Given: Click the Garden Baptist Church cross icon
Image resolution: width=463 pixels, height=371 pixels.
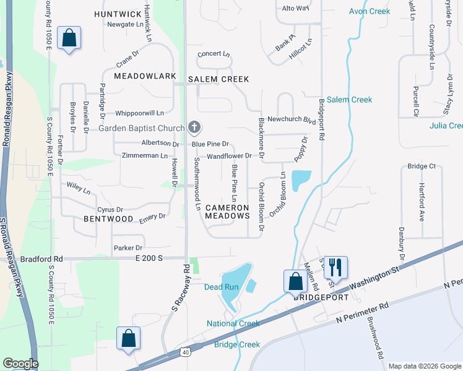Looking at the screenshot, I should pos(194,128).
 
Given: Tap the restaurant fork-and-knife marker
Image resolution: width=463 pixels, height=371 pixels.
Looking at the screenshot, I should pos(335,267).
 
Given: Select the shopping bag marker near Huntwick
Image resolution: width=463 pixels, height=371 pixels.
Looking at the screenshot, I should pos(69,38).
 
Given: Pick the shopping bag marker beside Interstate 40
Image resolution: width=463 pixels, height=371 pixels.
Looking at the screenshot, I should pos(128,338).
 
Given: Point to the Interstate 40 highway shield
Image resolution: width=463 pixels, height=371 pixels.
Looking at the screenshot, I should pos(185,352).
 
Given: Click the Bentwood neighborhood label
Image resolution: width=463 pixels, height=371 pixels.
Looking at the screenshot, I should pos(108,219).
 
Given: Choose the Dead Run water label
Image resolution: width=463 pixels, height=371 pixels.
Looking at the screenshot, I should pos(221,287).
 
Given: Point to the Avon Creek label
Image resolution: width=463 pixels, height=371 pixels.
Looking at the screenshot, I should pos(369,11).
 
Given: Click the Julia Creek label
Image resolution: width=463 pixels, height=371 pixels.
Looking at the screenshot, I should pos(446,126).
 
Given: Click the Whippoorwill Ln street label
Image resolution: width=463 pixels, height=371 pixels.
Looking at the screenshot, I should pos(139,113).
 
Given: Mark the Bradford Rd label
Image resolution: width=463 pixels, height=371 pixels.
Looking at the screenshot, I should pos(41,259).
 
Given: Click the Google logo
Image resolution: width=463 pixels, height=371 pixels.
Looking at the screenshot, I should pos(20,364).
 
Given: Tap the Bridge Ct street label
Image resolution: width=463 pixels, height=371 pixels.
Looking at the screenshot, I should pos(422,166).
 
